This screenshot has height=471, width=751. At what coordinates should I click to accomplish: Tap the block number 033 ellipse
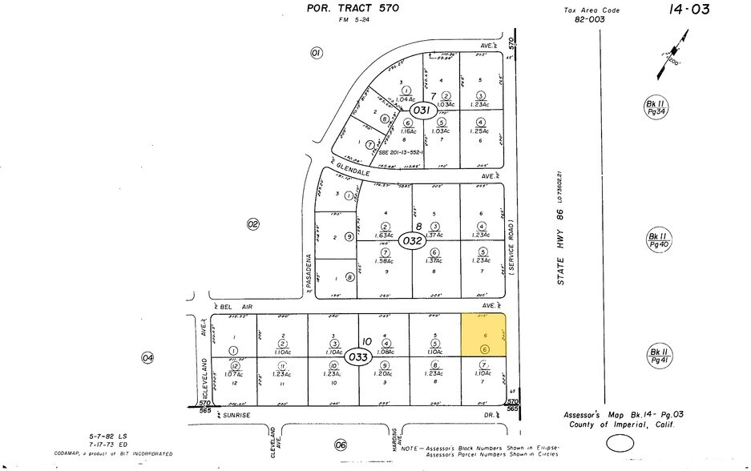pos(358,356)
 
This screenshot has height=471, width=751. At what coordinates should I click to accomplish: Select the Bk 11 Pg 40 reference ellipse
pos(658,240)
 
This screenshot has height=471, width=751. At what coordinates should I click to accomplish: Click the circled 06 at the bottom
pos(341,445)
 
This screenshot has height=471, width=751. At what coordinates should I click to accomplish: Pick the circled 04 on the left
pos(147,357)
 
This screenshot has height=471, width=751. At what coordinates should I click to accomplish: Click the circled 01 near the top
pos(316,53)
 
